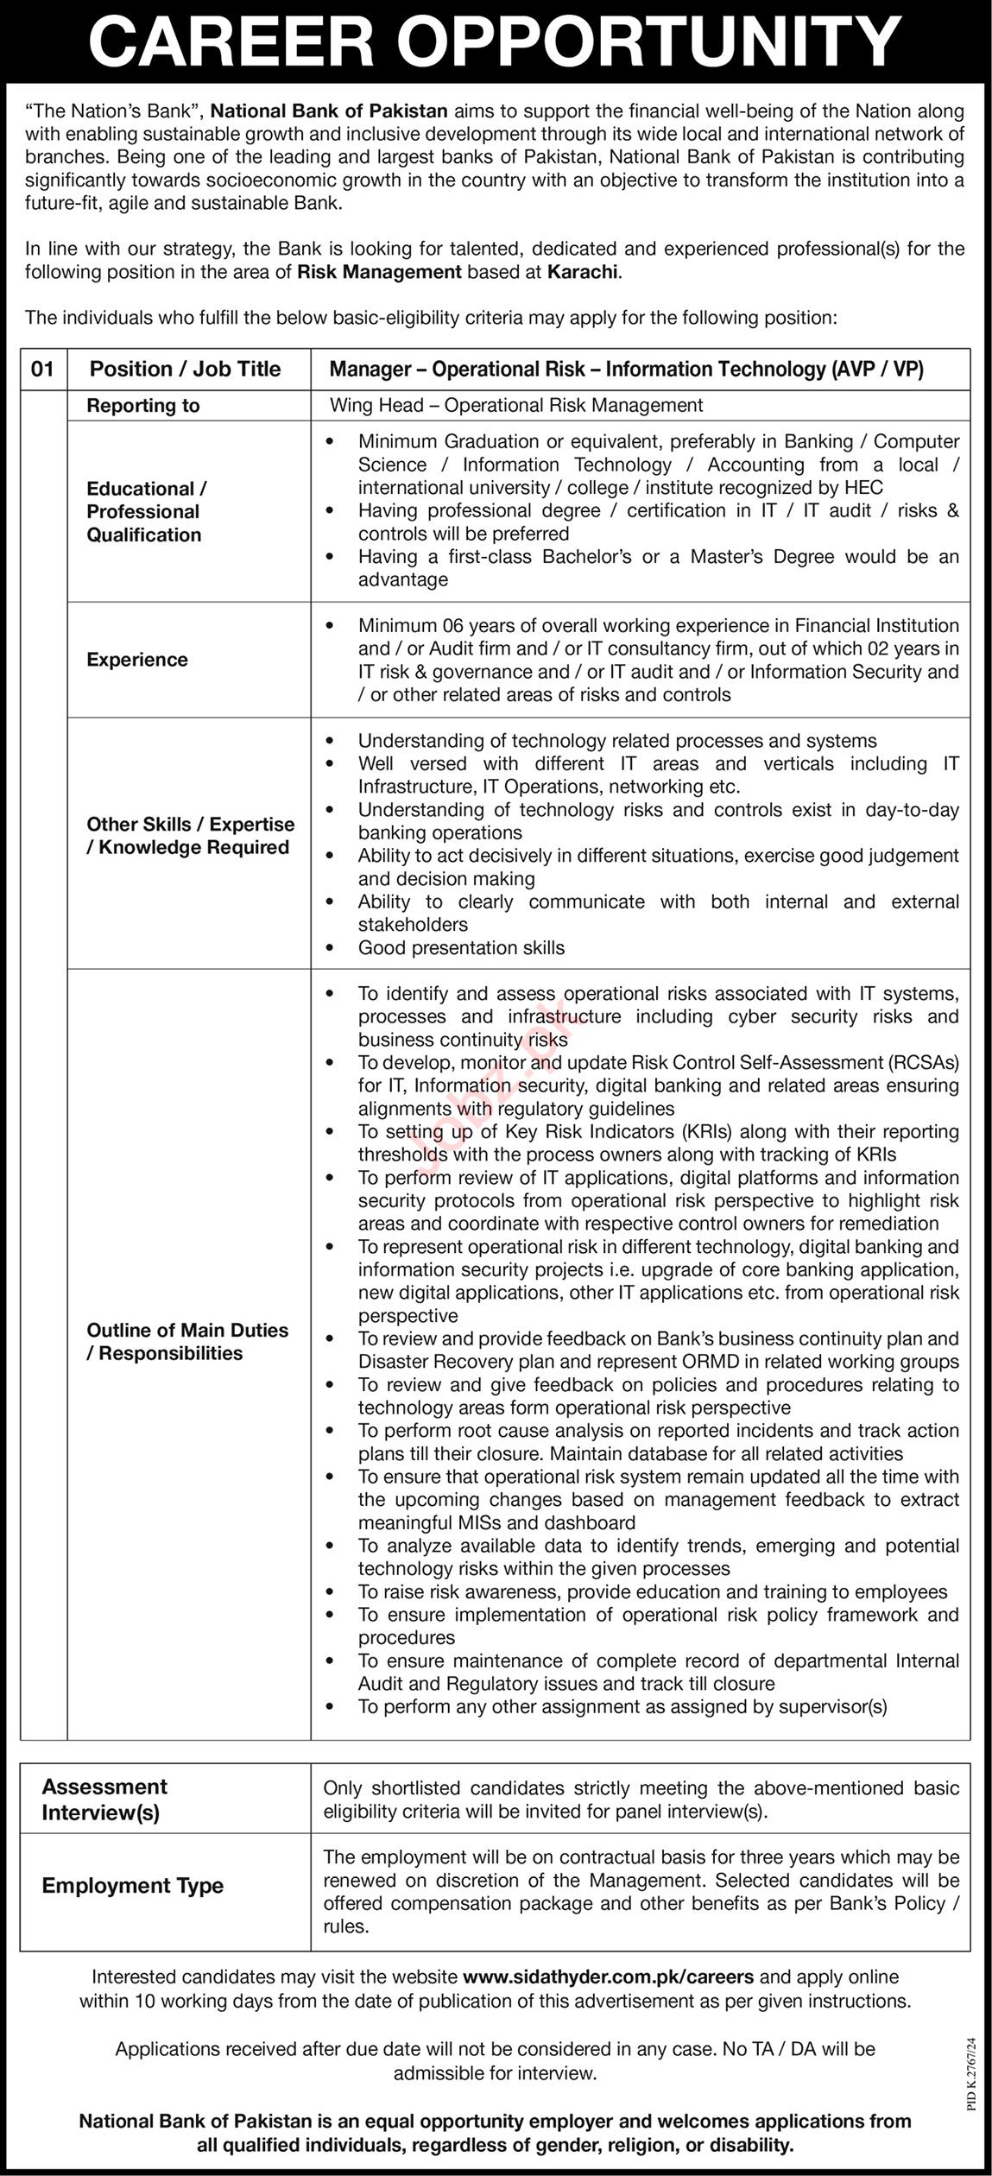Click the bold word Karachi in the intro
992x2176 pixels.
pos(583,272)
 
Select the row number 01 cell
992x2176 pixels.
pos(43,370)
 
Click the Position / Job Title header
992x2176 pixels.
pos(186,370)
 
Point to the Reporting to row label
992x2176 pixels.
pos(143,406)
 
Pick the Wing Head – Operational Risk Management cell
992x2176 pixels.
pos(516,405)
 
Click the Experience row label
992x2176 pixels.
pos(137,660)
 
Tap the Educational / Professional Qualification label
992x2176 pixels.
pos(146,511)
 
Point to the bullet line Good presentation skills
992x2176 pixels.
pos(461,948)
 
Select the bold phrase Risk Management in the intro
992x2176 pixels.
pos(380,272)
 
